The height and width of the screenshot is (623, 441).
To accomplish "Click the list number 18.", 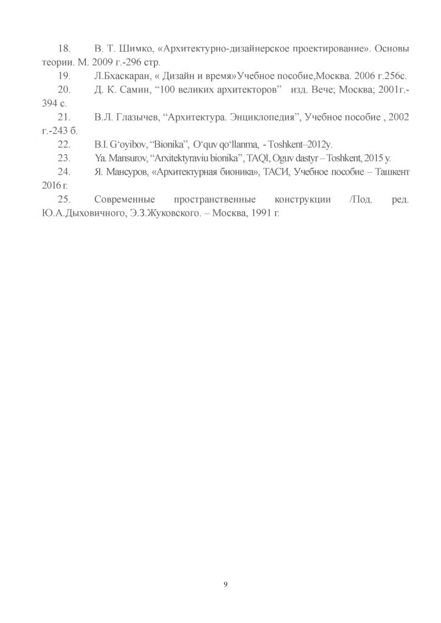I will [64, 48].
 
